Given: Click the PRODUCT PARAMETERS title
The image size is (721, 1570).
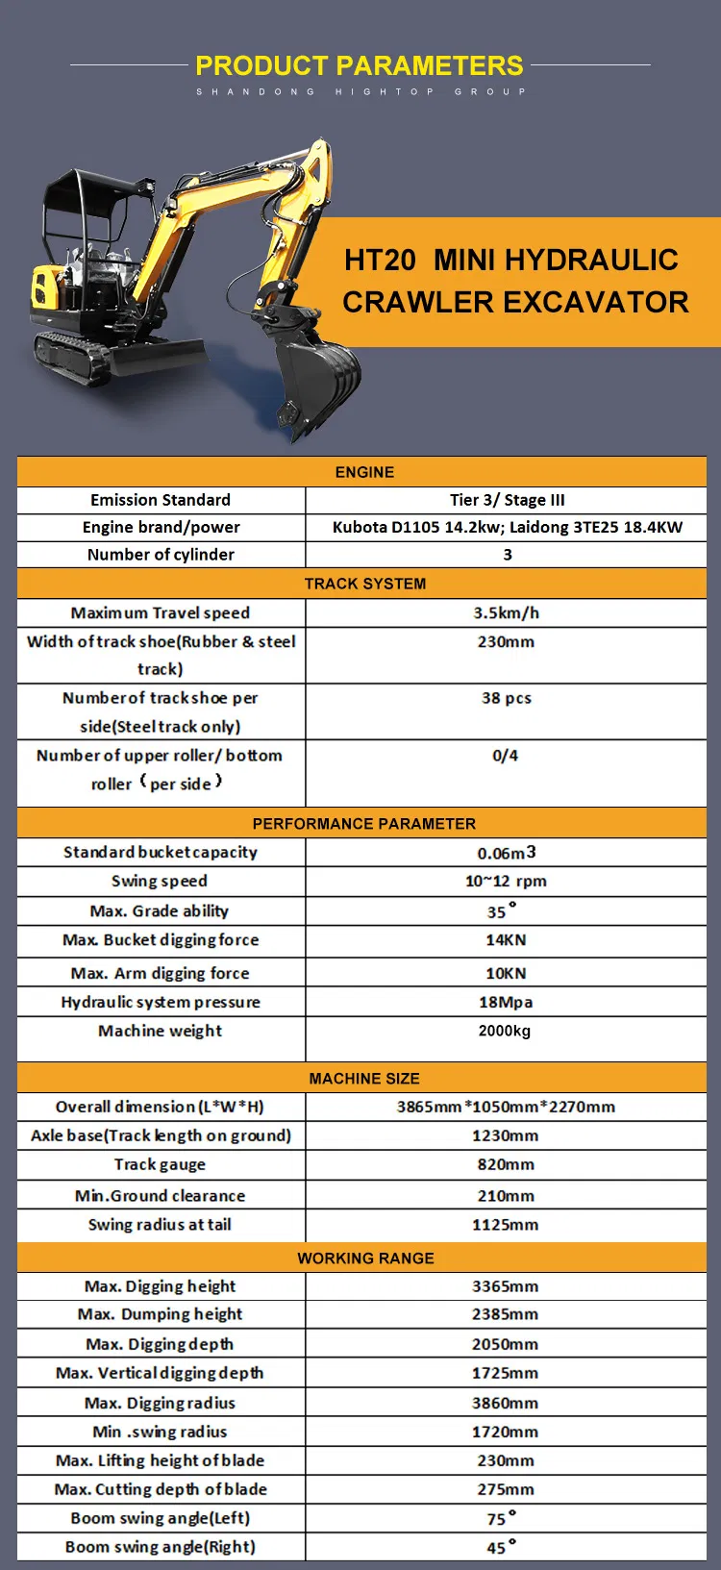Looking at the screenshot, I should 360,65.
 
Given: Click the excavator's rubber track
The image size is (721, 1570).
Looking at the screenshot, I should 73,356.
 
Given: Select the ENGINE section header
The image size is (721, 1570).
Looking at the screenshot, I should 364,472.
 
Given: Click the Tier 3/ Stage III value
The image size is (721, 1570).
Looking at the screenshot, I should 507,500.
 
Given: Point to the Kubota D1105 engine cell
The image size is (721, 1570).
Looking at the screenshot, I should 507,527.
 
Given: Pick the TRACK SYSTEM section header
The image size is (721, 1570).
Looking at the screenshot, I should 364,584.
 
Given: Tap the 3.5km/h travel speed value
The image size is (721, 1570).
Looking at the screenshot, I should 506,612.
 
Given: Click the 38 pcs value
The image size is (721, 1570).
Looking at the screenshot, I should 506,698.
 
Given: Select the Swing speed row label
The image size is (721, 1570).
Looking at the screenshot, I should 160,881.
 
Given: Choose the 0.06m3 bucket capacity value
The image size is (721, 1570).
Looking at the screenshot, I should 506,853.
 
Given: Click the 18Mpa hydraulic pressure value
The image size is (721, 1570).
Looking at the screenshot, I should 506,1002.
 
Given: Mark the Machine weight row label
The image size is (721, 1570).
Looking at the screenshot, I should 160,1031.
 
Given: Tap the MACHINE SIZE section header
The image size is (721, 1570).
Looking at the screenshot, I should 364,1079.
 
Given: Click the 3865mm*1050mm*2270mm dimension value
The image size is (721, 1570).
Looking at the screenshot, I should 506,1107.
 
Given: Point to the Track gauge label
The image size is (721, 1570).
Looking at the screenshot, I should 160,1164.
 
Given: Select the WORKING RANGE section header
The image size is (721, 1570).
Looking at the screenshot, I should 365,1258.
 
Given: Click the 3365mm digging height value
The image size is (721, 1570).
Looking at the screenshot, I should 505,1286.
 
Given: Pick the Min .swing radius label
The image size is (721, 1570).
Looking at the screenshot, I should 160,1432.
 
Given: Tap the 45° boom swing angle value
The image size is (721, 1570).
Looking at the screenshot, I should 501,1547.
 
